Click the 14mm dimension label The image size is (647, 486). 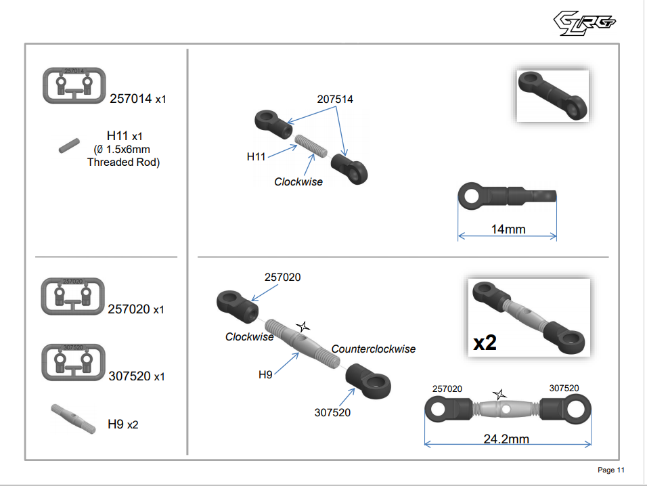508,229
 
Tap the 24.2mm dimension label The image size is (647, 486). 506,439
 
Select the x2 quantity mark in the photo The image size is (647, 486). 485,342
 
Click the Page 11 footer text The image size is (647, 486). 610,470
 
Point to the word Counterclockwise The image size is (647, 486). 374,349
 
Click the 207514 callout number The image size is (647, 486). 335,99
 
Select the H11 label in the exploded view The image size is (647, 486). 256,156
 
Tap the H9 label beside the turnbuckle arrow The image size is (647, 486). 266,374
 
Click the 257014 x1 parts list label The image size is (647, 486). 137,99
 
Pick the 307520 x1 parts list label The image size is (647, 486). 137,376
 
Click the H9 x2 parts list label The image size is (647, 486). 122,425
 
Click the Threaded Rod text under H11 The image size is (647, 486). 123,162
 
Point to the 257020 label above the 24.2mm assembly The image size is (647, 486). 447,389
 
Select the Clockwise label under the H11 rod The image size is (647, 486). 298,181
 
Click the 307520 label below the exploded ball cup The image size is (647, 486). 332,412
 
